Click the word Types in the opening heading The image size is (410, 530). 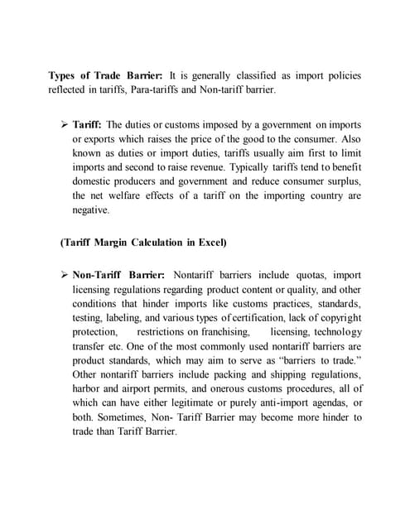coord(64,75)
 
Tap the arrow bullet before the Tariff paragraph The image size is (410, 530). coord(64,123)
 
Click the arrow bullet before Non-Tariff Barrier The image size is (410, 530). coord(64,274)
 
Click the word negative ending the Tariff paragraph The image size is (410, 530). coord(90,210)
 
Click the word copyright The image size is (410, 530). coord(338,317)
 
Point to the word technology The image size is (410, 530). coord(337,331)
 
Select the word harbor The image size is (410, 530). coord(89,388)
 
